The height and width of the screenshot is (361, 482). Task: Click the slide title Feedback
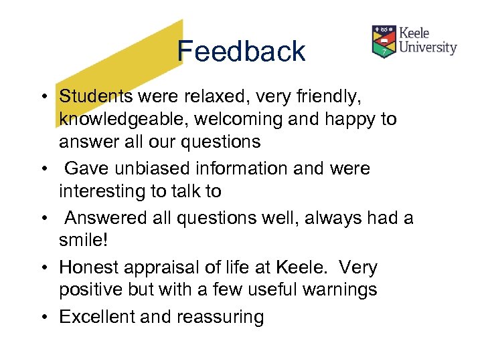pos(241,51)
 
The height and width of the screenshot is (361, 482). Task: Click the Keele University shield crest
pos(384,41)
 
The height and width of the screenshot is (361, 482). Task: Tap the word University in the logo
pos(428,47)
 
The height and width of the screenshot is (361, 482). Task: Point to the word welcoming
pos(249,120)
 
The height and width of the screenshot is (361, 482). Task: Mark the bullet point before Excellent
pos(42,316)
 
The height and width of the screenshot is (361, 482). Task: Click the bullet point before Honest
pos(42,267)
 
